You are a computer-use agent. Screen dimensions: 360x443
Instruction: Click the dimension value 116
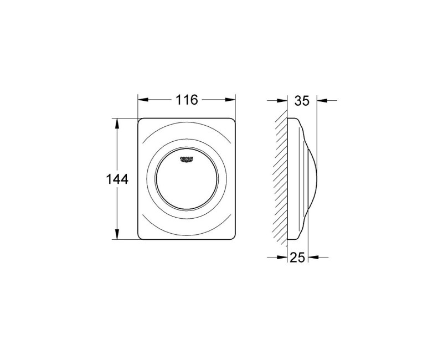point(187,100)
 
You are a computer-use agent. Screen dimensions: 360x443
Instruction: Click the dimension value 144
point(117,179)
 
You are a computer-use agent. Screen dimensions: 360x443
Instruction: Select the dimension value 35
point(302,100)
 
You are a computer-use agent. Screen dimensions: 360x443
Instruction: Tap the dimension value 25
point(298,258)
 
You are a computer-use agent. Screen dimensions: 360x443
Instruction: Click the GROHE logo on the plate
point(187,160)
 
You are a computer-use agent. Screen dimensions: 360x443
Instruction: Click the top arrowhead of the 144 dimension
point(117,122)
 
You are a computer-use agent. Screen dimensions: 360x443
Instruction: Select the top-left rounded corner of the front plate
point(142,121)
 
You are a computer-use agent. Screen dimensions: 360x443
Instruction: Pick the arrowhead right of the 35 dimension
point(322,100)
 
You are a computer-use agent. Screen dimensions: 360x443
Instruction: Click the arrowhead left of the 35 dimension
point(282,100)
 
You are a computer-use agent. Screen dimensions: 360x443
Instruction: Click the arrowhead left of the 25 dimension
point(282,256)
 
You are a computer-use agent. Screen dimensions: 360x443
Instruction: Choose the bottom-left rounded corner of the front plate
point(142,236)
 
